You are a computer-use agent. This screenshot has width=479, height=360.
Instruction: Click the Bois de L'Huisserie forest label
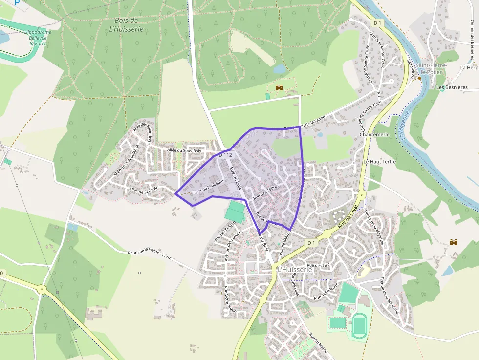click(126, 25)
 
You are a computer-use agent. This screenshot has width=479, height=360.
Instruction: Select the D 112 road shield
click(226, 154)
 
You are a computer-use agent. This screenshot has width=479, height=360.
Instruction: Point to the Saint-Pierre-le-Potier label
click(429, 68)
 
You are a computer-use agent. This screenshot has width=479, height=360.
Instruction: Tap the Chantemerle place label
click(374, 134)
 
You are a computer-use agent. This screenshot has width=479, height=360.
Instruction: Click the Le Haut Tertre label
click(379, 161)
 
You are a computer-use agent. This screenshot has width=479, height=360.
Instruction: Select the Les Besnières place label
click(452, 87)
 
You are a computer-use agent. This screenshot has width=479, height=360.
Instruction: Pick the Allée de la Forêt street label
click(144, 191)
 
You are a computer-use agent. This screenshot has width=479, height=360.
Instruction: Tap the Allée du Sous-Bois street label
click(184, 151)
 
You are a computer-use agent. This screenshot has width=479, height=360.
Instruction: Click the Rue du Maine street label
click(318, 342)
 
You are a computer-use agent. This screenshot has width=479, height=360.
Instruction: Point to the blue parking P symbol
click(17, 2)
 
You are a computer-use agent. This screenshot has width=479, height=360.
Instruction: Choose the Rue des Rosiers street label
click(326, 292)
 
